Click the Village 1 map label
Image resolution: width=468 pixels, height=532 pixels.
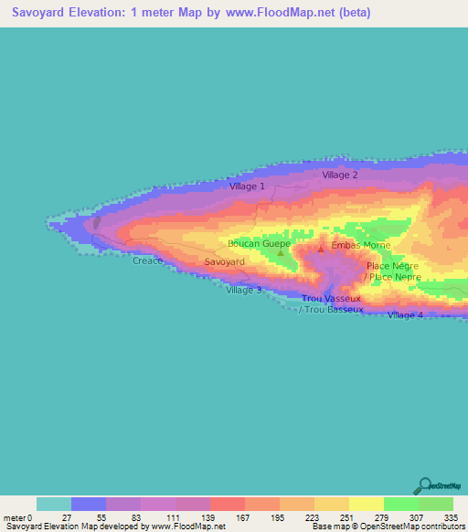(x=247, y=186)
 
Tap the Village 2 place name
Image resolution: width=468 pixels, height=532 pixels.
(x=339, y=175)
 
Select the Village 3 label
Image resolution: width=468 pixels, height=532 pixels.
(x=244, y=290)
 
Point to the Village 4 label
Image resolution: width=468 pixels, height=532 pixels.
(x=405, y=315)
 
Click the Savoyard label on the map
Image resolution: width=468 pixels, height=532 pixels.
(x=224, y=262)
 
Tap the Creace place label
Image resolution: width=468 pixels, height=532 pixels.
(x=147, y=261)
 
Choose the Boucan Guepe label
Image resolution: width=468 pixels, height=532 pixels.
(x=260, y=244)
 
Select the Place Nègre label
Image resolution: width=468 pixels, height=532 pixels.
(x=391, y=266)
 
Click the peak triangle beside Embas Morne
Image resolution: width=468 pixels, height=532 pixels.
(x=320, y=248)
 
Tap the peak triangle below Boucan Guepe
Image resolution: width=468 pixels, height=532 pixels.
(x=281, y=252)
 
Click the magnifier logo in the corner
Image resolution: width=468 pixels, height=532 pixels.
(x=425, y=484)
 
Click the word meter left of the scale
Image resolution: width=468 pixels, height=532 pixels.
(x=16, y=518)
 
